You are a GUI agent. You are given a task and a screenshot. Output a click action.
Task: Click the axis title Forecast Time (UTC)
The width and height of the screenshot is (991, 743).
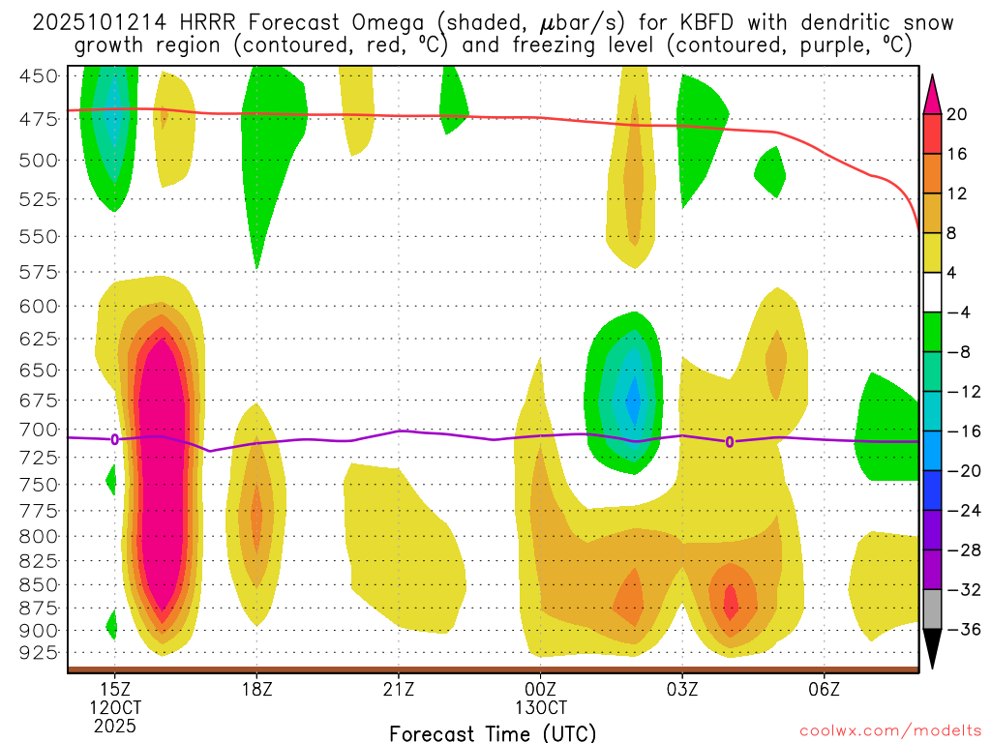tap(493, 732)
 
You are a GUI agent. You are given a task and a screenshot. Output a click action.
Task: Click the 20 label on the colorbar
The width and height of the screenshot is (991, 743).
tap(958, 114)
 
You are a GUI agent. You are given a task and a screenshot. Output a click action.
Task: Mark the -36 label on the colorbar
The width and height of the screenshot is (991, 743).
tap(958, 629)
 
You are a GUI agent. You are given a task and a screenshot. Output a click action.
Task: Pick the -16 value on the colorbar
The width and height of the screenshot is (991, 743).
tap(958, 431)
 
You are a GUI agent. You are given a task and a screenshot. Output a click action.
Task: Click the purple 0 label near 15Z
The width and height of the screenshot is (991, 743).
tap(115, 439)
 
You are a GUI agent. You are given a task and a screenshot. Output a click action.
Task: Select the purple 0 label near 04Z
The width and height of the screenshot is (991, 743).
tap(730, 442)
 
